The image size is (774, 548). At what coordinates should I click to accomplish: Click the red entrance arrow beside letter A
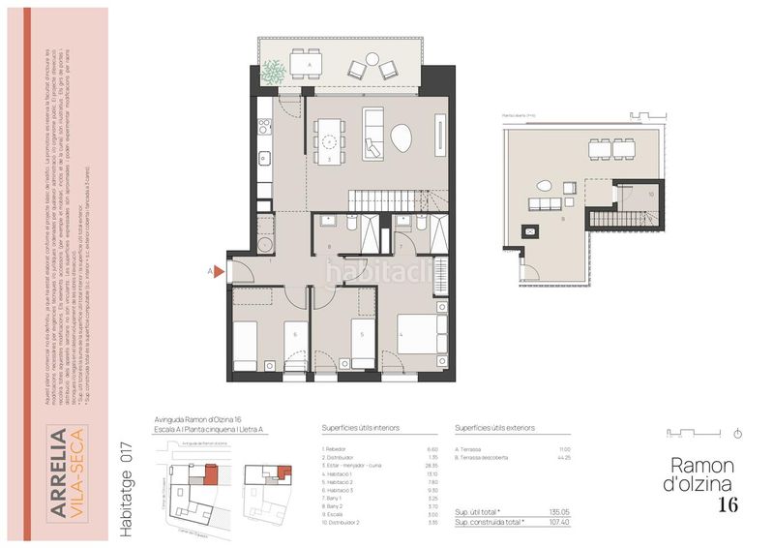tap(218, 272)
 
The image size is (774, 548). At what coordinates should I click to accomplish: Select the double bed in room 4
tap(417, 338)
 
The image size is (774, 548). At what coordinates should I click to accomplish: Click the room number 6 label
tap(294, 335)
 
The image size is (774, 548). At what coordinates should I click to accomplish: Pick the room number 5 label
tap(362, 335)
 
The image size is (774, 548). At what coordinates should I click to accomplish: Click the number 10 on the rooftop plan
tap(651, 195)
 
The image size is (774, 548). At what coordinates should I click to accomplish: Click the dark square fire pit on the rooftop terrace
tap(529, 231)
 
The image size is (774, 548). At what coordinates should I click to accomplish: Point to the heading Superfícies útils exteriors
tap(493, 427)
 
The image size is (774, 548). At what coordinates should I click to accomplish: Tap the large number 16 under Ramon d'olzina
tap(729, 503)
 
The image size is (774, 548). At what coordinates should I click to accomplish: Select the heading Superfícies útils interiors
tap(360, 427)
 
